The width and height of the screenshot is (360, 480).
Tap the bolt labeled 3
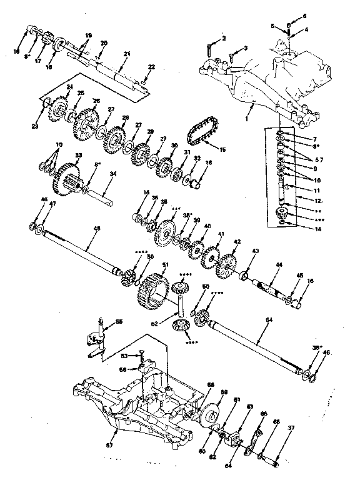(x=231, y=57)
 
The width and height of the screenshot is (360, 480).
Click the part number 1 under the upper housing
(x=247, y=117)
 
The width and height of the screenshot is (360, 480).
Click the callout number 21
(x=126, y=55)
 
